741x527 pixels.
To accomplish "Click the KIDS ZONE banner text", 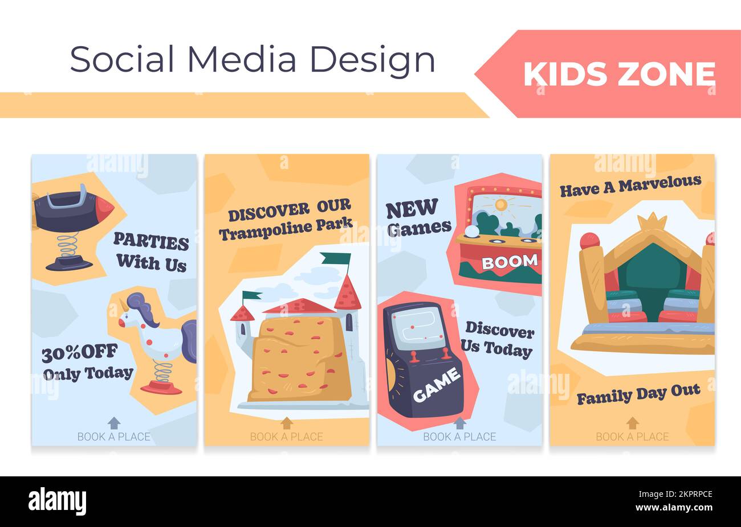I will [x=619, y=75].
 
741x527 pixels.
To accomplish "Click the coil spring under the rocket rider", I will [x=68, y=245].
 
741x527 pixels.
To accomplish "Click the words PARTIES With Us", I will [x=151, y=253].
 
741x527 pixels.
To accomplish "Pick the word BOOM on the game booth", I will [x=510, y=262].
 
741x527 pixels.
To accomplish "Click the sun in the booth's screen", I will [x=501, y=204].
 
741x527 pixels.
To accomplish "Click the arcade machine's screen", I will [x=416, y=329].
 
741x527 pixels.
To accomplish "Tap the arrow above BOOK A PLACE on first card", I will [x=114, y=423].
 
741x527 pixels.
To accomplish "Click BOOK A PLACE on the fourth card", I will [x=632, y=437].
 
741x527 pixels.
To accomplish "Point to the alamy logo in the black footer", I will [x=58, y=501].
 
